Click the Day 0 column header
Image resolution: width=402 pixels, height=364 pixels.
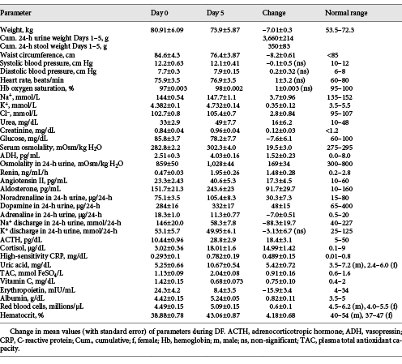[160, 13]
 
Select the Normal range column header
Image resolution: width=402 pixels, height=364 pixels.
[346, 13]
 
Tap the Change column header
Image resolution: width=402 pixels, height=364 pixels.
[274, 13]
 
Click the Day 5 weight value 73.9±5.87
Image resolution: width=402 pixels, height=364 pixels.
[225, 30]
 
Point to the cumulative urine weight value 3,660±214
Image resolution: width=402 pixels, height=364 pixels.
[278, 38]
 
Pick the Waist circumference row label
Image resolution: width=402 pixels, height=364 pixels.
[37, 55]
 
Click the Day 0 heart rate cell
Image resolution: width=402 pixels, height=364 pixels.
[167, 80]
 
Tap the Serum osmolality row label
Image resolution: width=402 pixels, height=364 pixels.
[51, 148]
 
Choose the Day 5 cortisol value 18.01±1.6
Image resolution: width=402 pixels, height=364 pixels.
[225, 248]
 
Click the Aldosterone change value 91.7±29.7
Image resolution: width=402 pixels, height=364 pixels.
[280, 189]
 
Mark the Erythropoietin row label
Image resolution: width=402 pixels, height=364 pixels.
[37, 290]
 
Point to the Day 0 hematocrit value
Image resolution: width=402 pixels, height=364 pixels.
[167, 315]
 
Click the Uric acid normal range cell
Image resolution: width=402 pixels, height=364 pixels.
[363, 265]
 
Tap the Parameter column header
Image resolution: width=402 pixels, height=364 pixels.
[15, 13]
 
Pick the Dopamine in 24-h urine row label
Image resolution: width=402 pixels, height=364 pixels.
[50, 206]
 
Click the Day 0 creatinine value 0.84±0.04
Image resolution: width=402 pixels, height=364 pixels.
[169, 131]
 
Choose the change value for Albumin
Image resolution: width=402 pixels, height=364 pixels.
[280, 298]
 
